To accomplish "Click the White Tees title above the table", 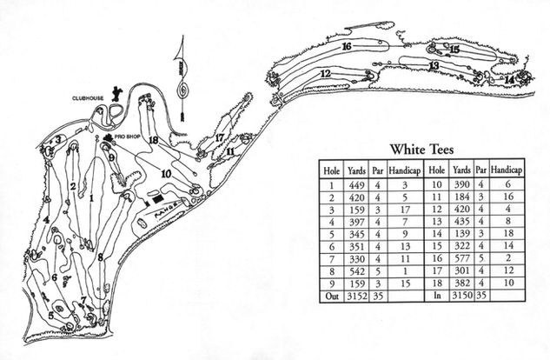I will click(x=421, y=149).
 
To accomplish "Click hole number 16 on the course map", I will click(x=346, y=45).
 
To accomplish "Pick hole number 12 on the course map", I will click(x=325, y=74).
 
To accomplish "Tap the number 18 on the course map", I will click(x=153, y=139).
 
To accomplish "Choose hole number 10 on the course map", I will click(x=165, y=173).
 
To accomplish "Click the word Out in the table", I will click(x=331, y=296).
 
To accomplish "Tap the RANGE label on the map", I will click(x=169, y=206).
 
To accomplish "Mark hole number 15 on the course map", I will click(x=454, y=50).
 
